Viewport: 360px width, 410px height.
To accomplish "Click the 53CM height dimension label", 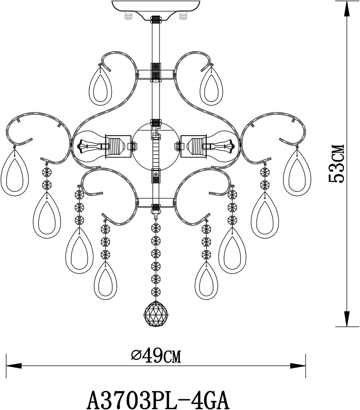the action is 337,164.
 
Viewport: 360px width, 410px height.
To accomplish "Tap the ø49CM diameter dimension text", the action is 156,356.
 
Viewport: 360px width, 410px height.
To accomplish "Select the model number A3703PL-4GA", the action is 158,400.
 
